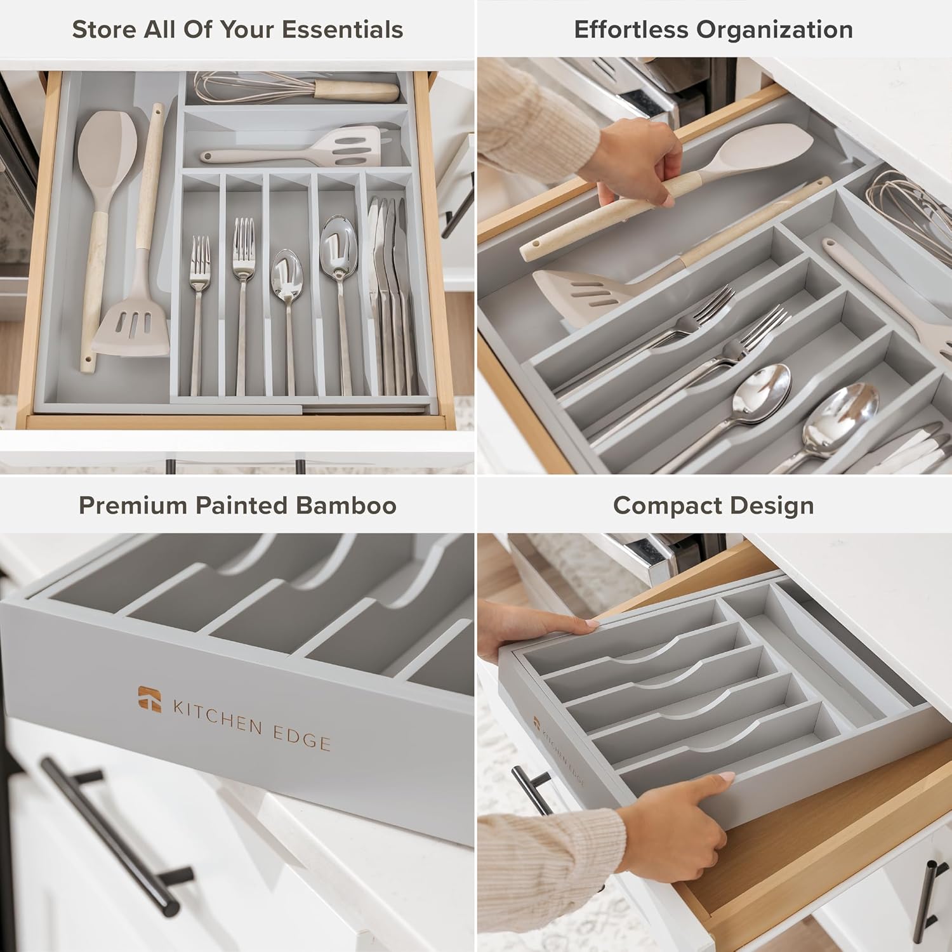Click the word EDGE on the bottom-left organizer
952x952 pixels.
point(304,736)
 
